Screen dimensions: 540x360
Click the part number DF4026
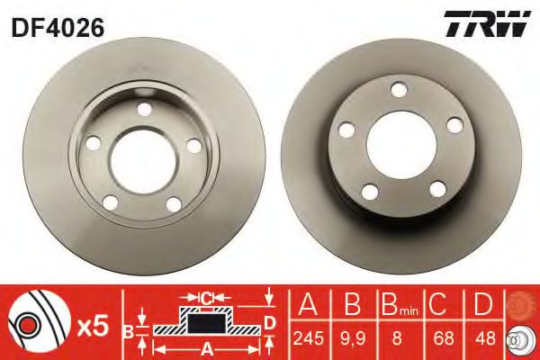[58, 27]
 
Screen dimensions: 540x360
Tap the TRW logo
[488, 23]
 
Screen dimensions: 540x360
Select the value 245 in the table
[308, 338]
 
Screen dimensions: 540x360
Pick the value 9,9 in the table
[353, 338]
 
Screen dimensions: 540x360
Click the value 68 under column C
[444, 338]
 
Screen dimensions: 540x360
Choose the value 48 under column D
[485, 338]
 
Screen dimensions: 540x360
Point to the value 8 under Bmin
[397, 338]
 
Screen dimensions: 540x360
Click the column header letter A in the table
[308, 304]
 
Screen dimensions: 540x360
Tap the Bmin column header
[400, 304]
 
